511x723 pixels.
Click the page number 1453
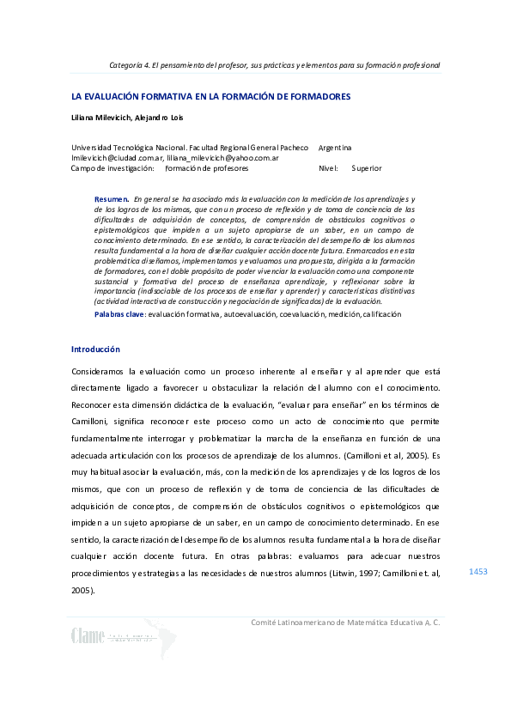(x=478, y=570)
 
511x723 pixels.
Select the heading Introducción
(x=95, y=349)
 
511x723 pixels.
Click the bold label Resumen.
(x=112, y=198)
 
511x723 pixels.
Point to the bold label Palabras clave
(x=119, y=315)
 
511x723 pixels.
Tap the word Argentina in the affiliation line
(x=334, y=148)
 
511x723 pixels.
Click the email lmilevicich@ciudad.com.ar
(x=118, y=158)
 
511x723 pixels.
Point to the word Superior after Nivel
(x=367, y=168)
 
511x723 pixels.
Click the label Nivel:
(x=328, y=168)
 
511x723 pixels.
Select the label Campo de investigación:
(x=113, y=168)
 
